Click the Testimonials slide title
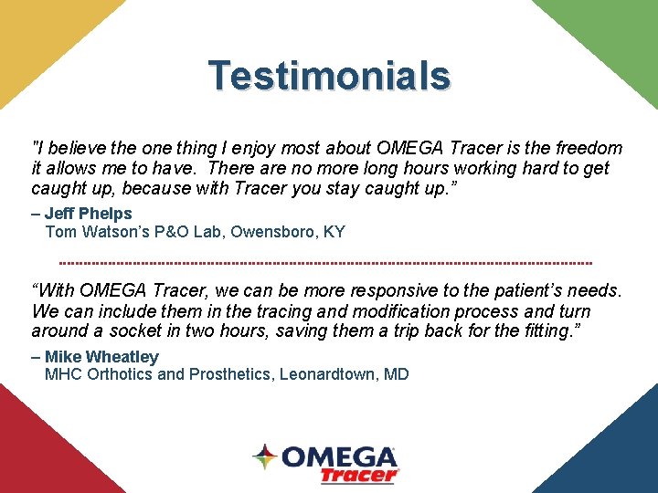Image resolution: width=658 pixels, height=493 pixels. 329,76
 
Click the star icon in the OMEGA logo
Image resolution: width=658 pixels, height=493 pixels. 265,457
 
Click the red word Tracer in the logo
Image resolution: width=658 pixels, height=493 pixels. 359,475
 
